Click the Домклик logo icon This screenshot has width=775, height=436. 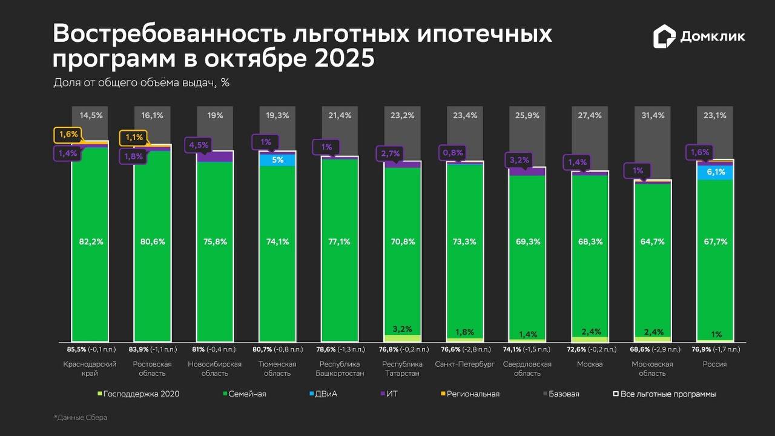coord(664,36)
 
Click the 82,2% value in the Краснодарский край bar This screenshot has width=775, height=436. coord(90,241)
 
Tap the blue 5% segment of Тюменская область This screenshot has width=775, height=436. coord(277,160)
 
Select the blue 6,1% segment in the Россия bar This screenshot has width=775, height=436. coord(715,172)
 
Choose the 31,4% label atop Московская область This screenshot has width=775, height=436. coord(652,115)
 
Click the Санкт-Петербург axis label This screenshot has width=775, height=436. coord(464,364)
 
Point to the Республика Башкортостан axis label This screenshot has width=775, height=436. coord(339,368)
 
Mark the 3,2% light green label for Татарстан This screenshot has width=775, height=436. coord(403,329)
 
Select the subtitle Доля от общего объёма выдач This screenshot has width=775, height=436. coord(141,82)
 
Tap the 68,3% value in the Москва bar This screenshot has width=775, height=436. coord(590,241)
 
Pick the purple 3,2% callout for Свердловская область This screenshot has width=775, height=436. coord(519,160)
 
